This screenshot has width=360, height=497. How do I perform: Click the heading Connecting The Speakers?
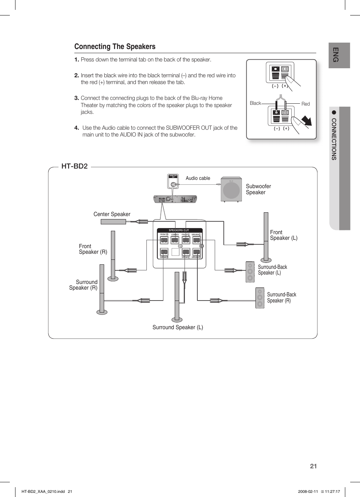click(x=115, y=47)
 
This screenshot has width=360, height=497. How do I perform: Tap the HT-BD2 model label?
click(x=74, y=166)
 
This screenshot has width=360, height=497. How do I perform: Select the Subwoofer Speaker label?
click(x=258, y=189)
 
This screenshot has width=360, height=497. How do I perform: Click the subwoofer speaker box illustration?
click(x=231, y=190)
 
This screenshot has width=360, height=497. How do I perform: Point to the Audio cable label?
click(x=198, y=178)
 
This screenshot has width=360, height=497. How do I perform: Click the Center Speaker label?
click(x=112, y=214)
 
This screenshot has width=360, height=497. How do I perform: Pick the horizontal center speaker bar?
click(x=113, y=222)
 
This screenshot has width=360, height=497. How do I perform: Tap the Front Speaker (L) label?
click(x=283, y=235)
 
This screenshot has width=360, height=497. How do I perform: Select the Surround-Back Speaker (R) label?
click(x=282, y=298)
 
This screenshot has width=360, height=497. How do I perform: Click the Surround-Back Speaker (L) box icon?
click(x=250, y=272)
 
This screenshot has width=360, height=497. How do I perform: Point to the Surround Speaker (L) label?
click(x=177, y=327)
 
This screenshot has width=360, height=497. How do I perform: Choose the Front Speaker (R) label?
click(x=93, y=249)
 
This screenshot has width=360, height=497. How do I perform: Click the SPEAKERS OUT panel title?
click(x=179, y=230)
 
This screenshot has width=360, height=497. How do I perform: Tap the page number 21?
click(x=313, y=466)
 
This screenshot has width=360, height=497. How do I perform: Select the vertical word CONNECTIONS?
click(x=334, y=139)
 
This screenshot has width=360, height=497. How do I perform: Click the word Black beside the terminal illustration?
click(x=255, y=103)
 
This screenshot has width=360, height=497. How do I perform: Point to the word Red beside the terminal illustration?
click(x=305, y=104)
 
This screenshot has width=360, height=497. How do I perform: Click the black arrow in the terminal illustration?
click(x=307, y=121)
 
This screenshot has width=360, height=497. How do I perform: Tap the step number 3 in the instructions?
click(x=76, y=98)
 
